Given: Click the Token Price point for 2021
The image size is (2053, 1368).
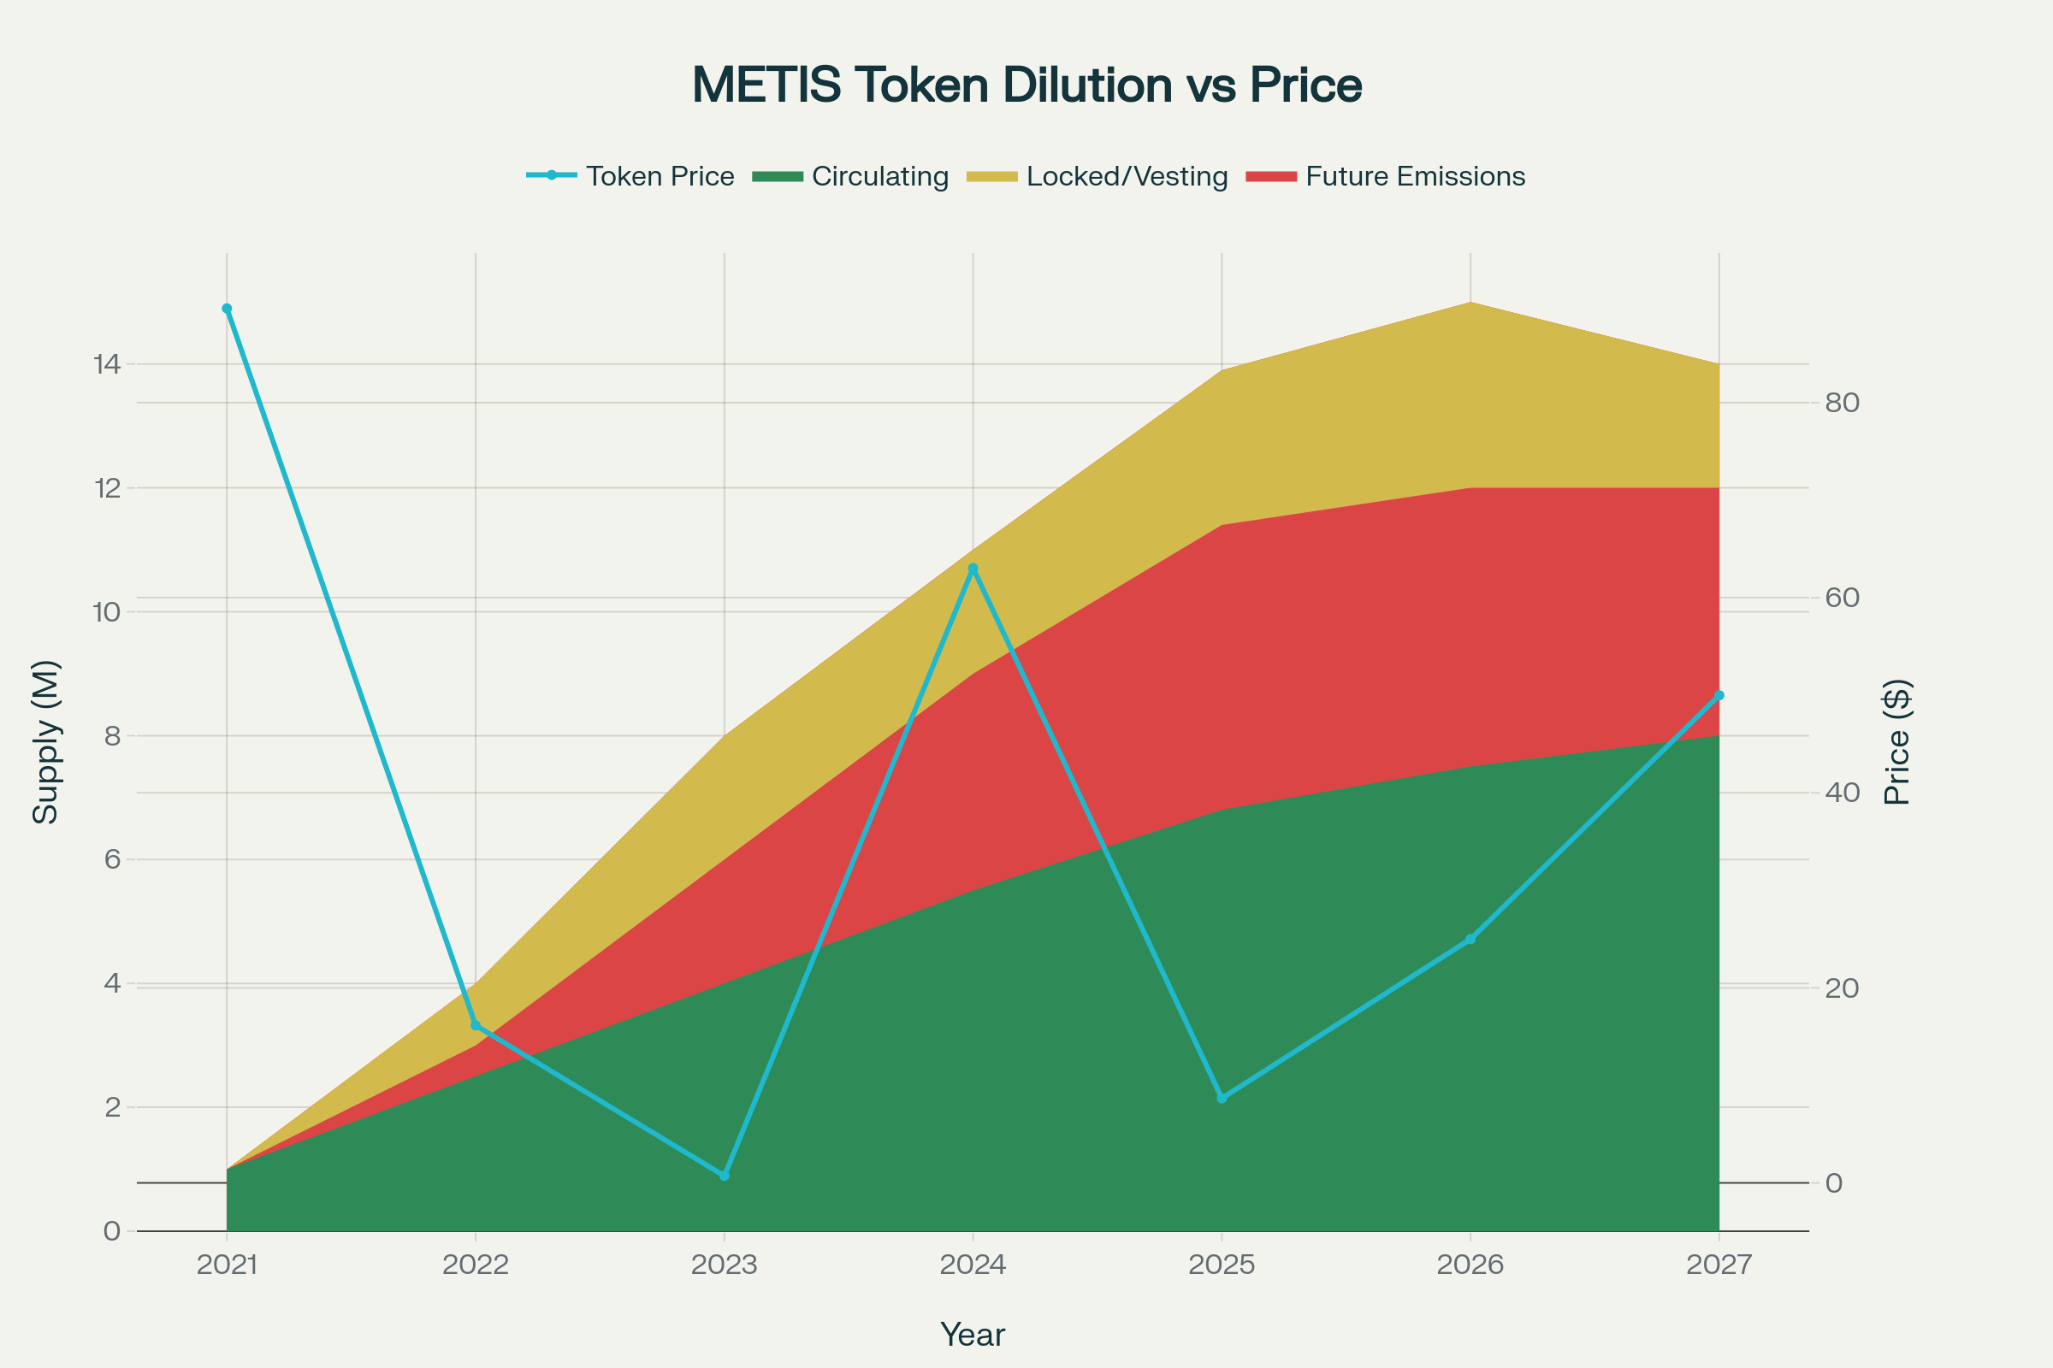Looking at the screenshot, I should pyautogui.click(x=227, y=308).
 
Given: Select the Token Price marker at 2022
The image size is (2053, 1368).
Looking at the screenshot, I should pyautogui.click(x=476, y=1025).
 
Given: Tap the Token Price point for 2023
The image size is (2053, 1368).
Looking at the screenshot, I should pyautogui.click(x=724, y=1176).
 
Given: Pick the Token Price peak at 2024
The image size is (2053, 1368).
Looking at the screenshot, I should pyautogui.click(x=973, y=569).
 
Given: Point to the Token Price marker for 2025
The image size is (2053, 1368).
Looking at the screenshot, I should pyautogui.click(x=1222, y=1098).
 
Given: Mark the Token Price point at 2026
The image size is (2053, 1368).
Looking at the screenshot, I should pyautogui.click(x=1470, y=940).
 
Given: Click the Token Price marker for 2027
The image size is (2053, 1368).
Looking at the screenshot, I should pyautogui.click(x=1719, y=695).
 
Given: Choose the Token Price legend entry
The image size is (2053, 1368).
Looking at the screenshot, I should pyautogui.click(x=631, y=176).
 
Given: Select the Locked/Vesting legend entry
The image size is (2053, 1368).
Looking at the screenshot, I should pyautogui.click(x=1098, y=176).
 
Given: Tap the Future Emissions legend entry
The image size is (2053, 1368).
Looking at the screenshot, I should pyautogui.click(x=1386, y=176).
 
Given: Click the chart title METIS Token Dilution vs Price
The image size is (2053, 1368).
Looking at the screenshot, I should pyautogui.click(x=1026, y=85).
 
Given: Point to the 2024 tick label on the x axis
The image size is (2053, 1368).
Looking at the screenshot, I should pyautogui.click(x=973, y=1265).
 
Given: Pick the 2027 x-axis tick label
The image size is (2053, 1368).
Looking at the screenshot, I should pyautogui.click(x=1719, y=1265).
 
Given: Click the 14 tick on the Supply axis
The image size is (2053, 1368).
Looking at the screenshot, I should pyautogui.click(x=106, y=364).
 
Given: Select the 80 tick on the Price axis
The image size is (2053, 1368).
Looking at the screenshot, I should pyautogui.click(x=1842, y=402).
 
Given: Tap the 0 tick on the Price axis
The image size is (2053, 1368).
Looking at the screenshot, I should pyautogui.click(x=1834, y=1183).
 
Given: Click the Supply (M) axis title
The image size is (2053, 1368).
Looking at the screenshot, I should pyautogui.click(x=45, y=741).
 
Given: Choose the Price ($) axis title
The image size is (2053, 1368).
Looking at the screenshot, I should pyautogui.click(x=1897, y=741).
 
